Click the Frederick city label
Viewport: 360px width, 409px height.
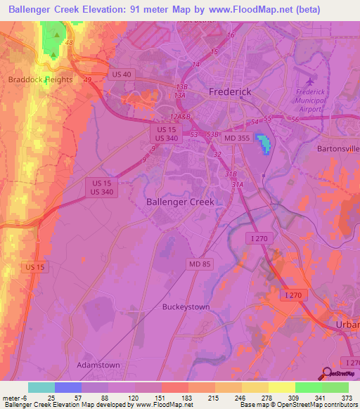point(229,93)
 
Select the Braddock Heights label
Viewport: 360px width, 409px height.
point(40,79)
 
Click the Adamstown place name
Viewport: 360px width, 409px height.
point(98,366)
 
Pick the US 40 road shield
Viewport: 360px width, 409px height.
point(121,74)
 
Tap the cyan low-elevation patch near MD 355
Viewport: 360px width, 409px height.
point(264,143)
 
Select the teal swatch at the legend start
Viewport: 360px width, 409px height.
point(41,387)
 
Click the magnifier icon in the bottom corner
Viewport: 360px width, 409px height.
point(327,373)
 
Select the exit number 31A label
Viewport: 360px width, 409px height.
point(238,185)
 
